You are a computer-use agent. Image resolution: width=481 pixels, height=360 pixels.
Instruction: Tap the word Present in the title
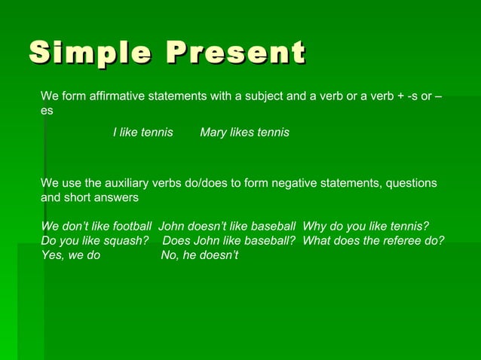(x=236, y=54)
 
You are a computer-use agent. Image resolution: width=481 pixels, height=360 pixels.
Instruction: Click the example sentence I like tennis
(x=142, y=133)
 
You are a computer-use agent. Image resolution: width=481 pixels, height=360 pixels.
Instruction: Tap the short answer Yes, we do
(x=70, y=256)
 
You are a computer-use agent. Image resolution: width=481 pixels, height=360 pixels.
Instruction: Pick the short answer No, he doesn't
(x=199, y=256)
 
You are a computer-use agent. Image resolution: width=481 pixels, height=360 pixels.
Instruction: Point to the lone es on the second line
(x=47, y=111)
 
